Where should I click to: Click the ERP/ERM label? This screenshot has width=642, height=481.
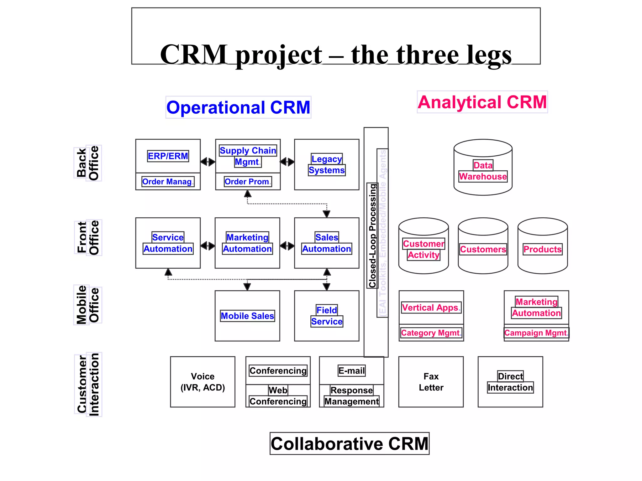click(168, 156)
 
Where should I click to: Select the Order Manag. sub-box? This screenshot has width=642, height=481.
click(168, 182)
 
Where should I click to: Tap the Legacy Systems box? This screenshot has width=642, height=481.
click(327, 165)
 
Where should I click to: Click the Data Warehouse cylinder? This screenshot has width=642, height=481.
click(483, 171)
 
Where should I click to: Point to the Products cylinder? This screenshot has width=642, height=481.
click(543, 249)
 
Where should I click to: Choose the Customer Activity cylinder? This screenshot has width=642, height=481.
click(424, 249)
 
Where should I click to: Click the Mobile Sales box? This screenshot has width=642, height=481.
click(247, 316)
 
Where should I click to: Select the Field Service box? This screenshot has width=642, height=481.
click(327, 316)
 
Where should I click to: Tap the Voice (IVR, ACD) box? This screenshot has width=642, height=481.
click(203, 382)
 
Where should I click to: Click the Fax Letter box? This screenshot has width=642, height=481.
click(431, 382)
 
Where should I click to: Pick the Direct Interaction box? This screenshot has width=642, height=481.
click(510, 382)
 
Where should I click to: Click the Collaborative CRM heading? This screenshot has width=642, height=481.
click(350, 444)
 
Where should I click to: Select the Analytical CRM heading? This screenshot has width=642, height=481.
click(482, 102)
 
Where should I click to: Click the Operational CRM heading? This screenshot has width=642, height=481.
click(238, 107)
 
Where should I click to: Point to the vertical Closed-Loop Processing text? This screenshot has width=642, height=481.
click(372, 235)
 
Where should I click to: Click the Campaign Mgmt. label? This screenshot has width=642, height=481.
click(536, 333)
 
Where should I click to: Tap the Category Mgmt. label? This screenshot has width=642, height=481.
click(431, 333)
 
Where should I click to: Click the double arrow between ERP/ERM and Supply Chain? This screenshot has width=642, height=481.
click(208, 162)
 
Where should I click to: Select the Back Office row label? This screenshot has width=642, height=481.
click(88, 163)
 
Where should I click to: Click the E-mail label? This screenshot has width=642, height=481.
click(351, 371)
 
